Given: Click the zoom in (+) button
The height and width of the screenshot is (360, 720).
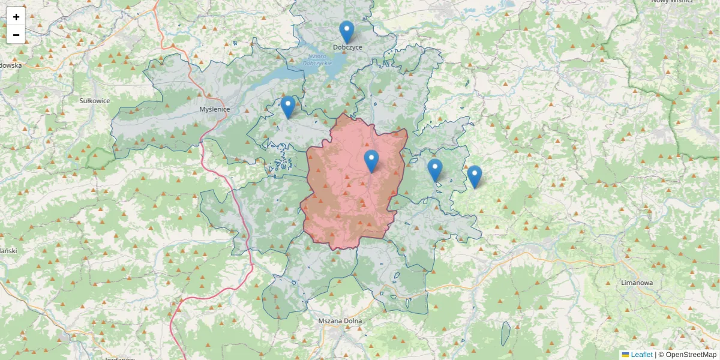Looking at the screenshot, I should point(16,17).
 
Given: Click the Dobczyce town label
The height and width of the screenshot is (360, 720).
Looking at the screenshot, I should point(348,47).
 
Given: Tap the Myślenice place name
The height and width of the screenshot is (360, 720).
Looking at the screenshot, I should point(215,109).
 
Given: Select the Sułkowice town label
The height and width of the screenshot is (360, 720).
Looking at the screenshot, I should point(95,101).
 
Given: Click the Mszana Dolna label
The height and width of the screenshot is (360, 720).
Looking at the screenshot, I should point(340,321).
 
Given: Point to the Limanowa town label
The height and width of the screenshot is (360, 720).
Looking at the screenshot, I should point(637,283).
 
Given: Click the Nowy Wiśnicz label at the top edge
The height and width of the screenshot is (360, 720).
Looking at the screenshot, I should point(673,2).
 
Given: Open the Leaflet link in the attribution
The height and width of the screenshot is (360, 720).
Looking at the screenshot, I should point(641,355).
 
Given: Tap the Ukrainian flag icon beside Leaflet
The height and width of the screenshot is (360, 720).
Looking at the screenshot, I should point(625,355).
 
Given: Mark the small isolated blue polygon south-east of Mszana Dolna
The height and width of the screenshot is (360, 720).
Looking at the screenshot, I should point(506,334).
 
